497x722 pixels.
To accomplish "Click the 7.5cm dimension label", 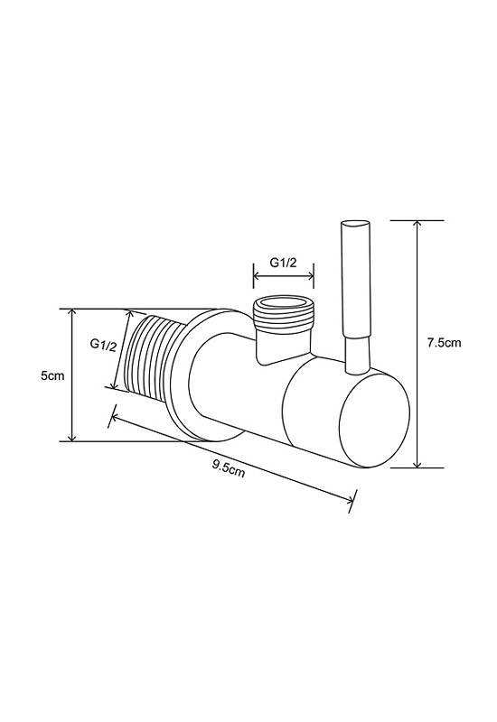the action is tap(444, 343).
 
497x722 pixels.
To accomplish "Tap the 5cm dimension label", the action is tap(52, 375).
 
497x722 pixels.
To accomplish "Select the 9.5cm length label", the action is tap(229, 468).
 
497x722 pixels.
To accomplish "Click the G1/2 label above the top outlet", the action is tap(283, 263).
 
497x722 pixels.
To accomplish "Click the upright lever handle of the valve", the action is tap(356, 298).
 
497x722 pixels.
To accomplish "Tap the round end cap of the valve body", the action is tap(374, 421).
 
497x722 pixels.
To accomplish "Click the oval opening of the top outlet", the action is tap(284, 302).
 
